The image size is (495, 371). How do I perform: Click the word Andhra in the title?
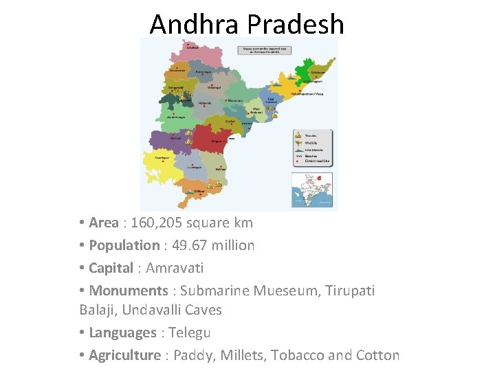(195, 25)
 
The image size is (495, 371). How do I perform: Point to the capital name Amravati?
(175, 267)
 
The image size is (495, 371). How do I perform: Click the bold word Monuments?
(129, 290)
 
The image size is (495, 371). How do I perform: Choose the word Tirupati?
(347, 290)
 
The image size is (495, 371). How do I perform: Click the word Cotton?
(377, 355)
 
